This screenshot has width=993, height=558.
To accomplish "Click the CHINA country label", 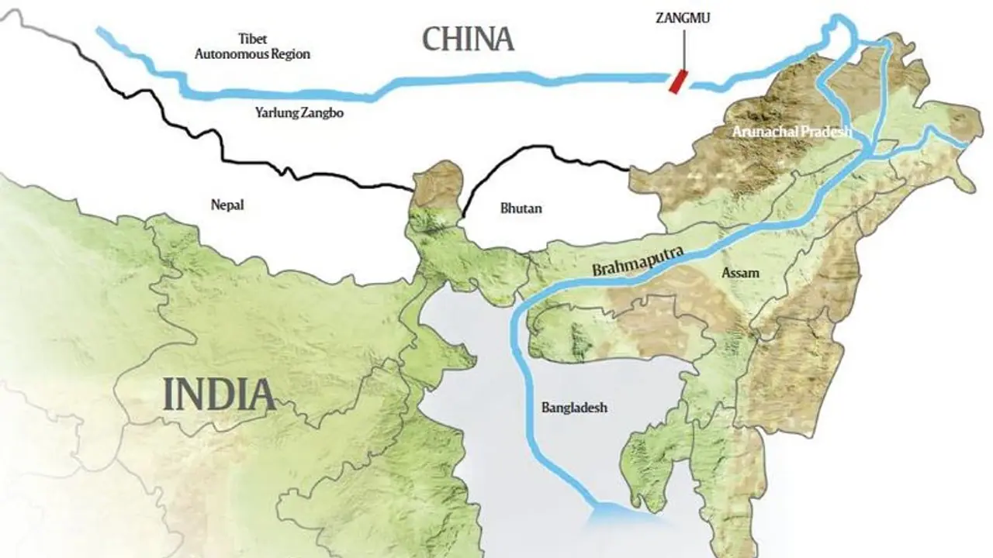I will point(468,38).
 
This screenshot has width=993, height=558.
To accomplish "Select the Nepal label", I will point(228,205).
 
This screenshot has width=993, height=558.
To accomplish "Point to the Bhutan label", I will point(521,208).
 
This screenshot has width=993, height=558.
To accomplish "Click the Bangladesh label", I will point(573,407).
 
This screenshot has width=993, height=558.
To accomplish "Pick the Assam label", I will point(740,273).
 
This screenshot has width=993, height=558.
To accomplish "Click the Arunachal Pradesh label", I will point(791,132).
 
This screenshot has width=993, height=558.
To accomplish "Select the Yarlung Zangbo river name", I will point(299,112).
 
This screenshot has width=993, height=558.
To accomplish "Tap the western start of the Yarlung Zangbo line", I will point(99,31).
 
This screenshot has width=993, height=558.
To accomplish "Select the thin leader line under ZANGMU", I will point(683,50).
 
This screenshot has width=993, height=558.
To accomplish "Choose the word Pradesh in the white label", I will point(829,132).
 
